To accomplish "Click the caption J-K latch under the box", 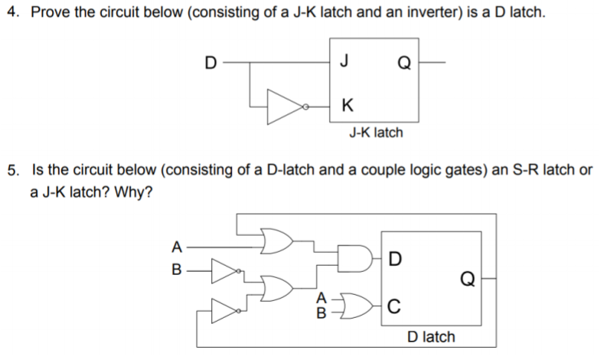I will (375, 133).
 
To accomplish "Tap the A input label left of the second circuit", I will (177, 247).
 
